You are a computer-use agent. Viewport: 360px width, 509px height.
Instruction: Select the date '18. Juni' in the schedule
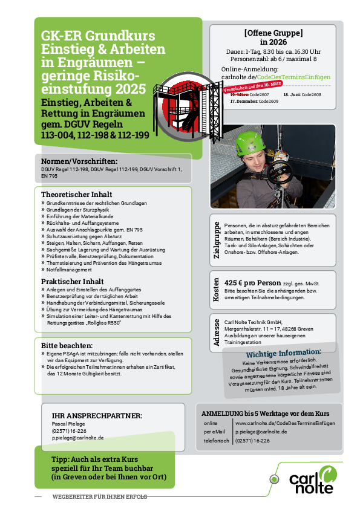click(x=292, y=96)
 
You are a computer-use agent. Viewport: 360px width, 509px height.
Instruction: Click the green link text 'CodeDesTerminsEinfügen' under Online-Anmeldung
click(x=294, y=77)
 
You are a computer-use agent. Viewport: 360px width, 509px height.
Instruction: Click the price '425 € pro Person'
click(x=252, y=283)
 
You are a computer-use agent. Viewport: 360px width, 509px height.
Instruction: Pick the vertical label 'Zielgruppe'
click(x=217, y=240)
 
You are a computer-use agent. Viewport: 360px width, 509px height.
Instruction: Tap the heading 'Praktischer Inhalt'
click(x=73, y=281)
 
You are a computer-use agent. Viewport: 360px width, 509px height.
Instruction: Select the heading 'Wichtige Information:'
click(x=283, y=353)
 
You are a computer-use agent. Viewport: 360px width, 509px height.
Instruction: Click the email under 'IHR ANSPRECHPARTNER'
click(x=77, y=437)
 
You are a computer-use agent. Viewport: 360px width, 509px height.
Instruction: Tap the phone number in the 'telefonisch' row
click(x=252, y=441)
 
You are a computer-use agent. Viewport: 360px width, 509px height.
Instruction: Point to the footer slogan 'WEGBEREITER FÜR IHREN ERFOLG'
click(x=99, y=496)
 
